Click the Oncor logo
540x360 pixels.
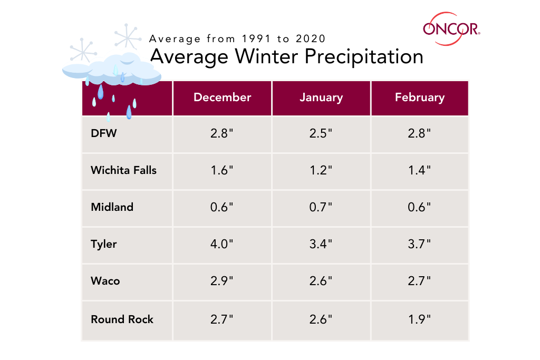451,27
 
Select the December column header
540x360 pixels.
222,98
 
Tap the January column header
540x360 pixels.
321,98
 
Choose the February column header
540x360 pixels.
420,98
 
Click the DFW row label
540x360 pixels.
103,133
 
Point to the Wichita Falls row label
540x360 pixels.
123,170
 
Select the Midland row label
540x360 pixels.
112,207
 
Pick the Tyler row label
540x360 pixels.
103,244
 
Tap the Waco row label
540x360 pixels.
105,281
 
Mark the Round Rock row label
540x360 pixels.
122,319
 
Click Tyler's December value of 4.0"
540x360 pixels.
222,244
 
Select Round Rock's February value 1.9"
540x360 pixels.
420,319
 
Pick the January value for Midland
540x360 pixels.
321,207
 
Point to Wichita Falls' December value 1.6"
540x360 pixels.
222,170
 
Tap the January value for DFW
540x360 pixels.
321,133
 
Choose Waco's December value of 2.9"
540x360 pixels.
222,281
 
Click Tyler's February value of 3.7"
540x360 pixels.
420,244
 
